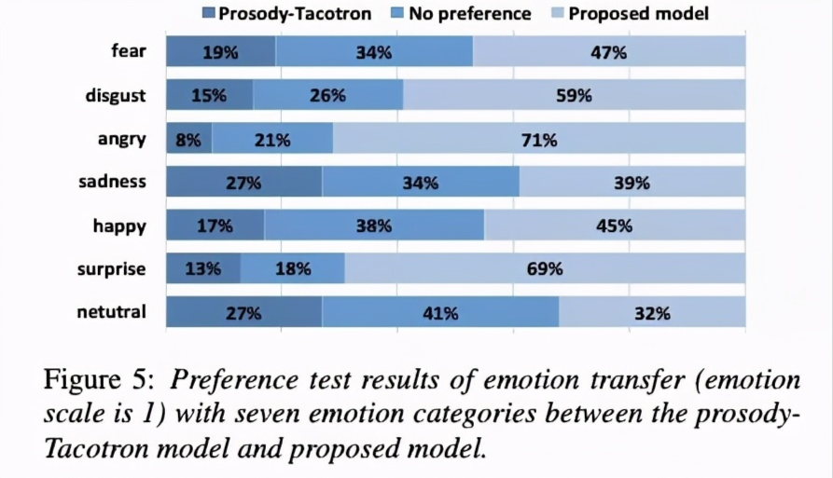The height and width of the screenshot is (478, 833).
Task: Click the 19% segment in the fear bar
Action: click(x=221, y=52)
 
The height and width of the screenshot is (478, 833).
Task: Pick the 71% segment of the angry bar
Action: click(x=539, y=140)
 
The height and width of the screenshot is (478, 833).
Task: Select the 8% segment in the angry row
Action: click(x=188, y=140)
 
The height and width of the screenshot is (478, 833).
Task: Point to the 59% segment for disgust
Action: click(x=574, y=96)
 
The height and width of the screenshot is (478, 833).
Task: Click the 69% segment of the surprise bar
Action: click(x=545, y=269)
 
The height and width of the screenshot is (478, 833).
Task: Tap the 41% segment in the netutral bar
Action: click(x=440, y=313)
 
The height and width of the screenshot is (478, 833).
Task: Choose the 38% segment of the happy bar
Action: click(x=374, y=225)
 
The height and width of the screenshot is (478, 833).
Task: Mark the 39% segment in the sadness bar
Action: click(x=632, y=183)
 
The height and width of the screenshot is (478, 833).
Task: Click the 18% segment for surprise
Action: click(x=292, y=269)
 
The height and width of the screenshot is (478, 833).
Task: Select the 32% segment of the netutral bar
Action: click(x=652, y=313)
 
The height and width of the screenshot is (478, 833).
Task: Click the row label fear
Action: click(x=128, y=50)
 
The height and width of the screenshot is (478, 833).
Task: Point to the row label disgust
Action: click(x=116, y=94)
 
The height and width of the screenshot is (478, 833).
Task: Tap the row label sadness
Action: click(x=112, y=181)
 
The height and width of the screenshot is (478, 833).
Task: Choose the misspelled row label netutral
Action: click(x=111, y=311)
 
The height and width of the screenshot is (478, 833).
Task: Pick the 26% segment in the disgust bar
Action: click(x=327, y=96)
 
